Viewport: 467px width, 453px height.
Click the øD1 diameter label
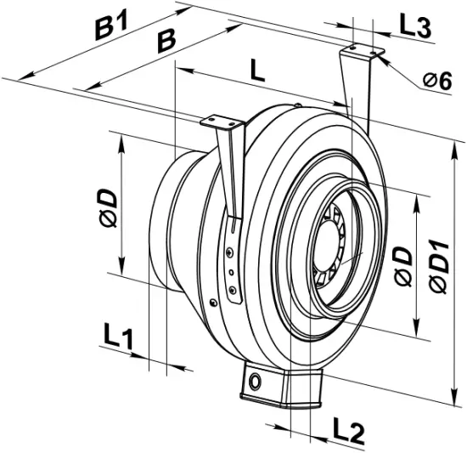pos(439,263)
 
